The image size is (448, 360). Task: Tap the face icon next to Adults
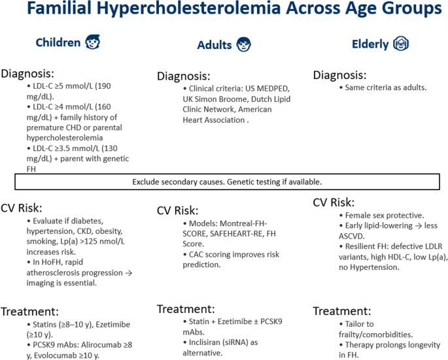coord(244,44)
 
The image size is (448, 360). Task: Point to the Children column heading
coord(58,43)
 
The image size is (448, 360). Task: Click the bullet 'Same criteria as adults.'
coord(383,88)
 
